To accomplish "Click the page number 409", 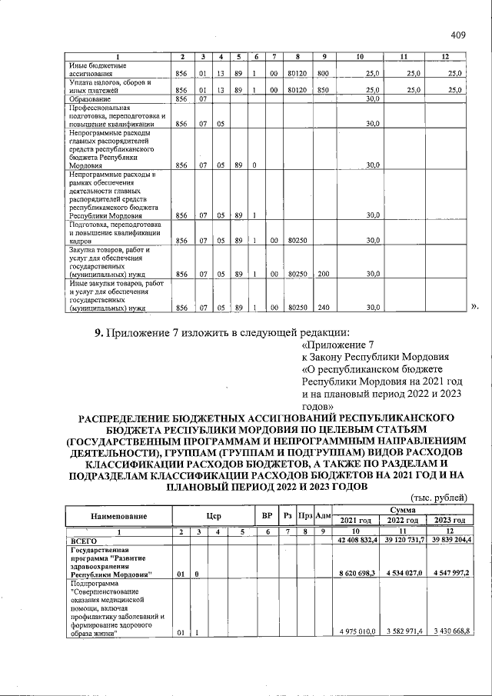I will [459, 35].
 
